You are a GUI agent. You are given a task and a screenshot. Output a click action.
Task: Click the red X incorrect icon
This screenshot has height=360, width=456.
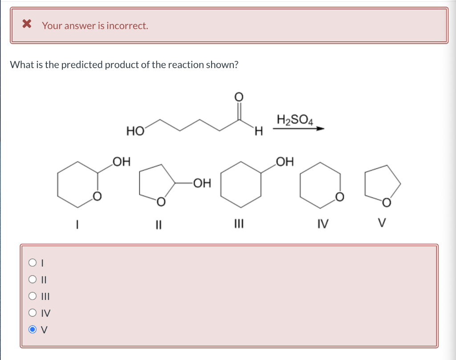coord(27,24)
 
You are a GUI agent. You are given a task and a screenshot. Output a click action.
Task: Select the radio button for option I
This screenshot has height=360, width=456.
coord(33,263)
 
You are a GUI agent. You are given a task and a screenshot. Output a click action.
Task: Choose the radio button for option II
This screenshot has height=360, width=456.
coord(33,279)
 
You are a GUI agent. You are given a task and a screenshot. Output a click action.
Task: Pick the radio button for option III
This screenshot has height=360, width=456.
coord(33,296)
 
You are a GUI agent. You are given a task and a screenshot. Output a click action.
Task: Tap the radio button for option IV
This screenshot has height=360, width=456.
coord(33,313)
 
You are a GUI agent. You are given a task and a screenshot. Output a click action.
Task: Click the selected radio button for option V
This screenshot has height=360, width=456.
coord(33,330)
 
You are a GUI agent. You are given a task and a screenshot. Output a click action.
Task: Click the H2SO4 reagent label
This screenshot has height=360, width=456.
coord(295,120)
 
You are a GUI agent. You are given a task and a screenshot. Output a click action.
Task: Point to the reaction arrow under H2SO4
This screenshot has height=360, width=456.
coord(298,129)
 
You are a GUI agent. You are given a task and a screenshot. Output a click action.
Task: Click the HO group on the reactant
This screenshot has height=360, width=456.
coord(134,131)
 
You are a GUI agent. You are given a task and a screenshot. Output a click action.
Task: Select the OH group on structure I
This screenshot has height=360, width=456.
coord(121,161)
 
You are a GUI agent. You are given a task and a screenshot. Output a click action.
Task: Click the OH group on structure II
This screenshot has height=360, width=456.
coord(202,182)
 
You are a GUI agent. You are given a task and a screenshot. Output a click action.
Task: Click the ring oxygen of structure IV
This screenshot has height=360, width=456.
coord(339,196)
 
